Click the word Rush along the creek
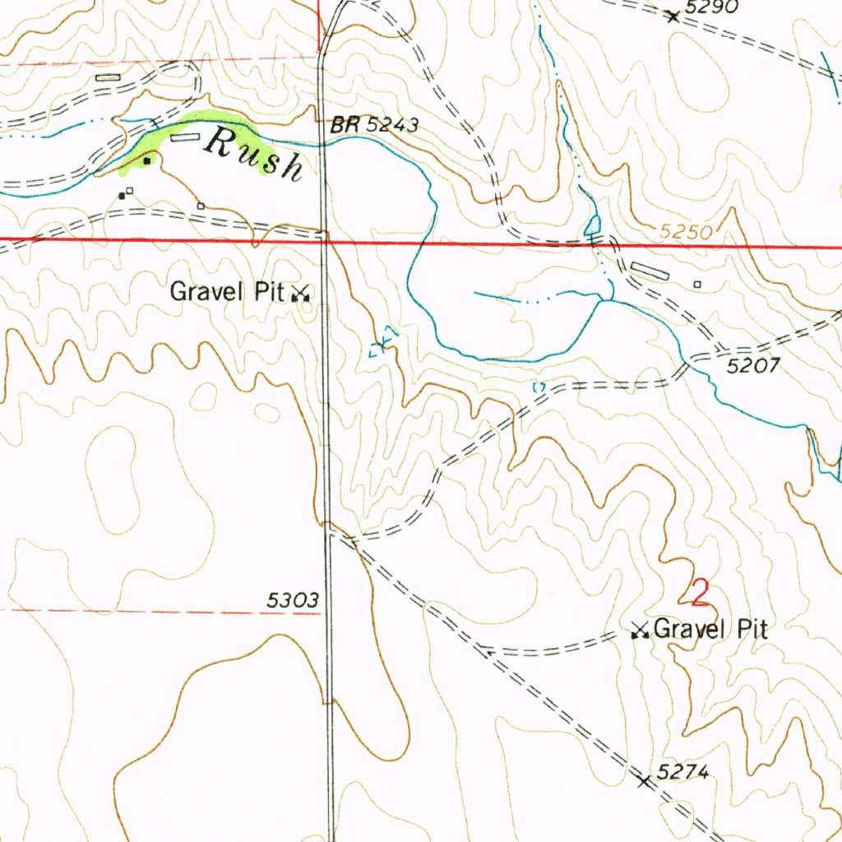[253, 154]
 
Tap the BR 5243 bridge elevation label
[375, 126]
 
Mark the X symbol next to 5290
[673, 16]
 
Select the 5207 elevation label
[752, 367]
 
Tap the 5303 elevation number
[293, 601]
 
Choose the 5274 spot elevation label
[682, 772]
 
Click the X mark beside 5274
[644, 780]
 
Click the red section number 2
[700, 592]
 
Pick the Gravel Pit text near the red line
[228, 291]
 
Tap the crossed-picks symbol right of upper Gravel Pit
[301, 293]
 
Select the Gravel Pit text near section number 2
[712, 630]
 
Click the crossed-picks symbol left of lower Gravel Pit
[639, 631]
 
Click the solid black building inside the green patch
[146, 161]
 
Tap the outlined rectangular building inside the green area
[185, 138]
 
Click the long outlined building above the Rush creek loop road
[108, 77]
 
